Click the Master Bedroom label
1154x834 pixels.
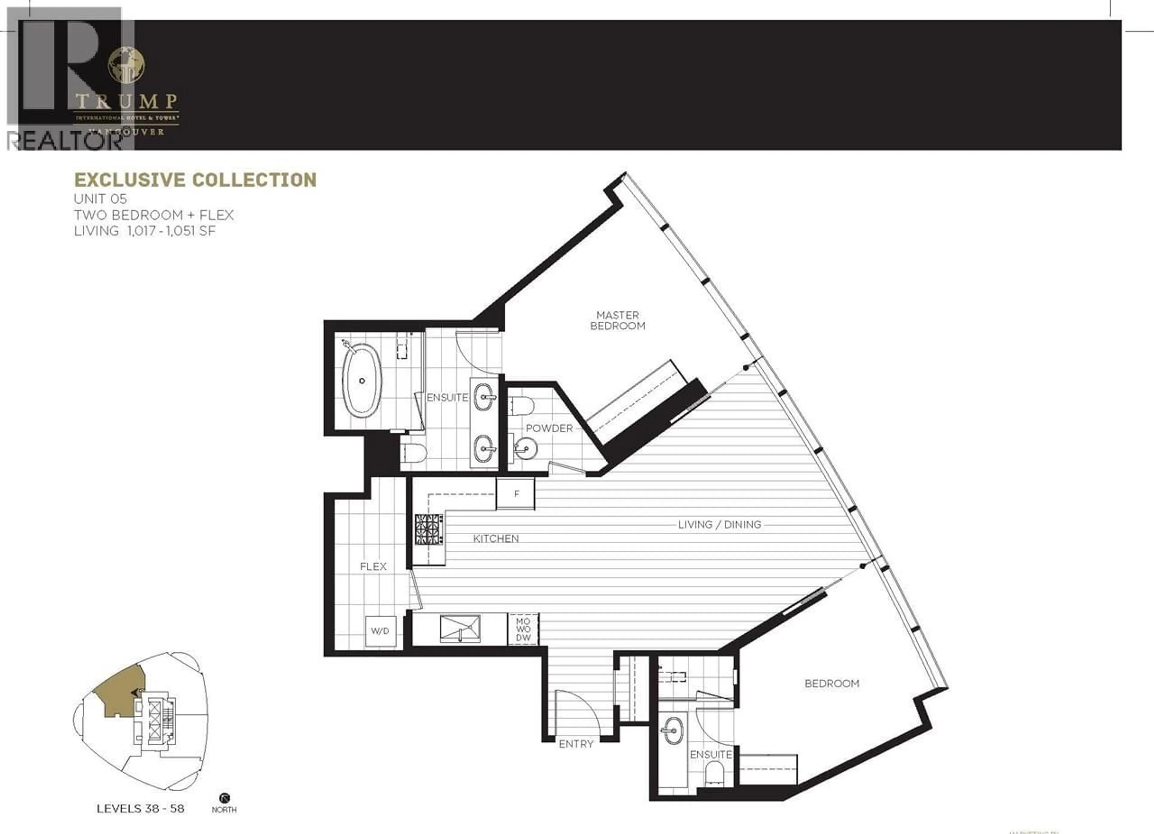[x=617, y=321]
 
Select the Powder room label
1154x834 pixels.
[x=549, y=428]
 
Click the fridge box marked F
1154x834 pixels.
[x=516, y=493]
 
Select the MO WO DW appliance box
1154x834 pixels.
[x=523, y=629]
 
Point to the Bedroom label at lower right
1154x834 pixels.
[x=832, y=683]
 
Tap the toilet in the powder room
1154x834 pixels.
[x=523, y=405]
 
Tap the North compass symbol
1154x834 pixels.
[x=224, y=798]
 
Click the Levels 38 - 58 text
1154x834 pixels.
[x=140, y=808]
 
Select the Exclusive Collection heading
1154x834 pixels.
[x=195, y=180]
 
